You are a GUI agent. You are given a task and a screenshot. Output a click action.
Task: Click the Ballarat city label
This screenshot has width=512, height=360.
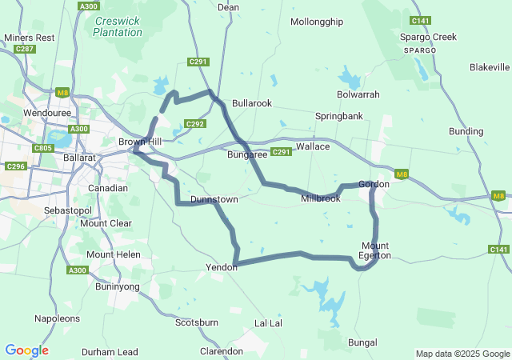coord(78,158)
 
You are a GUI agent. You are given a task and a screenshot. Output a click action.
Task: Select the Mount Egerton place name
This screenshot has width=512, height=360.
coord(375,250)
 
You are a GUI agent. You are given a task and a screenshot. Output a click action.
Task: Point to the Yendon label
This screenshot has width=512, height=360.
coord(222,267)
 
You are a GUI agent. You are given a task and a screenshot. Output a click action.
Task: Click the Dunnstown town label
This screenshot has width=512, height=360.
coord(214,199)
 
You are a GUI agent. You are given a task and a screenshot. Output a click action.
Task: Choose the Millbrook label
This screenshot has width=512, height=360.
coord(321,198)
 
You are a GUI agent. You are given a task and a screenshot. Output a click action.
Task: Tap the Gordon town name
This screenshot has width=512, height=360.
coord(374,184)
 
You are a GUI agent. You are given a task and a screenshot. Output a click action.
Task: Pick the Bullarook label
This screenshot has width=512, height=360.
coord(252,103)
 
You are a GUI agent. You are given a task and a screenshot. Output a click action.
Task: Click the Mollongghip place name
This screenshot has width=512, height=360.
coord(318,22)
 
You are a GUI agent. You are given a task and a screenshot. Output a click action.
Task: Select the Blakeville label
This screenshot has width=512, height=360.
coord(490,66)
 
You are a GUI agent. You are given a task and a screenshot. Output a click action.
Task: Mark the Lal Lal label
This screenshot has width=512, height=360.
coord(268,322)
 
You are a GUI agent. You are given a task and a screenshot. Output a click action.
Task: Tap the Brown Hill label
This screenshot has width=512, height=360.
coord(140,142)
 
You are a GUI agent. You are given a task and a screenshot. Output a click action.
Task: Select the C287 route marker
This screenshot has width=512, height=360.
coord(25,50)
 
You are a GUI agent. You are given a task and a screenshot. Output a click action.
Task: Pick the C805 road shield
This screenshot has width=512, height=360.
coord(43,147)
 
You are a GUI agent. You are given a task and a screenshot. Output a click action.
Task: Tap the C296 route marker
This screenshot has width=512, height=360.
coord(14,166)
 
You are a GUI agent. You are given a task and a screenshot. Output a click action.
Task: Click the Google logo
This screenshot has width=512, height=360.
coord(26,350)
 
